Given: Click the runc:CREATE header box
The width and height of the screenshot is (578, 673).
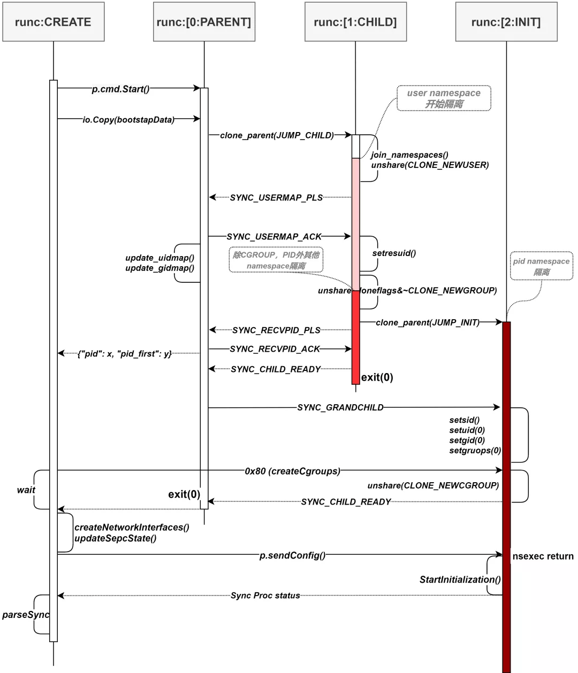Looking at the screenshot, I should [53, 22].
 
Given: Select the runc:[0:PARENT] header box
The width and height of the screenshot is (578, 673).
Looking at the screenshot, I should [204, 22].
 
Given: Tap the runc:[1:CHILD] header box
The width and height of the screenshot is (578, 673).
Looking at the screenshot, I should [355, 22].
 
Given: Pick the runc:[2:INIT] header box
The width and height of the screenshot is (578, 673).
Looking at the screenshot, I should [506, 22].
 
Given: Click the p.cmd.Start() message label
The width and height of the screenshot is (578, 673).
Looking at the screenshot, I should [120, 89].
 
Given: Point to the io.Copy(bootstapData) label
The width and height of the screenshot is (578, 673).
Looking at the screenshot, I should [128, 120].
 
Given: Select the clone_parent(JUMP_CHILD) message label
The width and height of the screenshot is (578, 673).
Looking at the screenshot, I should [277, 135].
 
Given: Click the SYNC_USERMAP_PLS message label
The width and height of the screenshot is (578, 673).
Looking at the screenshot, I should [276, 198].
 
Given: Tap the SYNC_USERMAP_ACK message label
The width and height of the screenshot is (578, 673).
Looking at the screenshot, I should [274, 236].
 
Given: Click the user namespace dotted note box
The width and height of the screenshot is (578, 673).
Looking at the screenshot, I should [444, 98].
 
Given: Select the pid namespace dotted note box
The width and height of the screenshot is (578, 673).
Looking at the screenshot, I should [541, 266].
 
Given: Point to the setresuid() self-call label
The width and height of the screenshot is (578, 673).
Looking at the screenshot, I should [394, 253].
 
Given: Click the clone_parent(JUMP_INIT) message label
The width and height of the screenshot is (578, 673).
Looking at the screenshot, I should [428, 322].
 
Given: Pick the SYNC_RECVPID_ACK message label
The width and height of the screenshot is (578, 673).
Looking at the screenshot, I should [275, 349].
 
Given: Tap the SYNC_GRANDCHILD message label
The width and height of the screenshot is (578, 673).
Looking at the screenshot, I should [340, 407].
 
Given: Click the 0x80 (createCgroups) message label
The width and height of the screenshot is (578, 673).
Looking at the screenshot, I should [292, 471].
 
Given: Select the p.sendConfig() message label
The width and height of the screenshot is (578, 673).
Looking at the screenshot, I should [292, 555].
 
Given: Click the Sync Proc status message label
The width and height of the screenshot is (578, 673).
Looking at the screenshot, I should [265, 595].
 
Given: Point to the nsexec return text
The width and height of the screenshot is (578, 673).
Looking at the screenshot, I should [543, 556].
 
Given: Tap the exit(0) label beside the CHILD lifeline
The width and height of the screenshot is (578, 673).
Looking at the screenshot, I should [377, 377].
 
